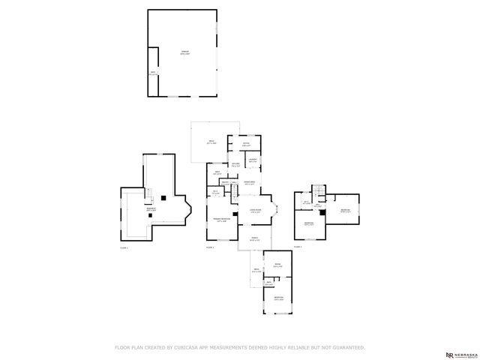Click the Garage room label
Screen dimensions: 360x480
184,52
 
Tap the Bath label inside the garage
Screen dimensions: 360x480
153,73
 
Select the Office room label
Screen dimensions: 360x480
245,145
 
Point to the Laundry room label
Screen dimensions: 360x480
253,160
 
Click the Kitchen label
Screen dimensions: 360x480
235,164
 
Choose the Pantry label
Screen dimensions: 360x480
225,182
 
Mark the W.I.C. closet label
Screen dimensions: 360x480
215,193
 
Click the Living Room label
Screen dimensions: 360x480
255,211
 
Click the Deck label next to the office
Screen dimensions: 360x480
211,142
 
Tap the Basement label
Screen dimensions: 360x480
151,209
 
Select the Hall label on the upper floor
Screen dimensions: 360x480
318,205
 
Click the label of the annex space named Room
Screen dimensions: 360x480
277,265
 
